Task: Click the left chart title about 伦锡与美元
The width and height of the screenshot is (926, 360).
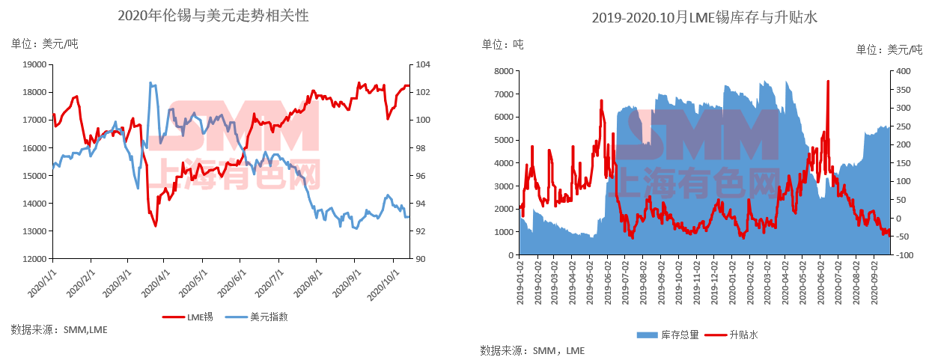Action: (x=213, y=16)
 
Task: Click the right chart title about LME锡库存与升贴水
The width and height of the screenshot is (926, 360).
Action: (x=704, y=17)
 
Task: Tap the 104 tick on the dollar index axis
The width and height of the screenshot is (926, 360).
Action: (x=421, y=64)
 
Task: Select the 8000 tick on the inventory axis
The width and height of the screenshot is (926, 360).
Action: (x=502, y=71)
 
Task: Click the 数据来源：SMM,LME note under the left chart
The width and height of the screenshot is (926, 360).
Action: (x=59, y=329)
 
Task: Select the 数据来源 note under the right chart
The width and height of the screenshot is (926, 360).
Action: (x=531, y=350)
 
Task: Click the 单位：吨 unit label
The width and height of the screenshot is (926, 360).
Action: (x=502, y=45)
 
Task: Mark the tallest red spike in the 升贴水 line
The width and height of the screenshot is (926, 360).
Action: (x=828, y=82)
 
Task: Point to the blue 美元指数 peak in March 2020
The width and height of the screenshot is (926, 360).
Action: (x=150, y=83)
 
